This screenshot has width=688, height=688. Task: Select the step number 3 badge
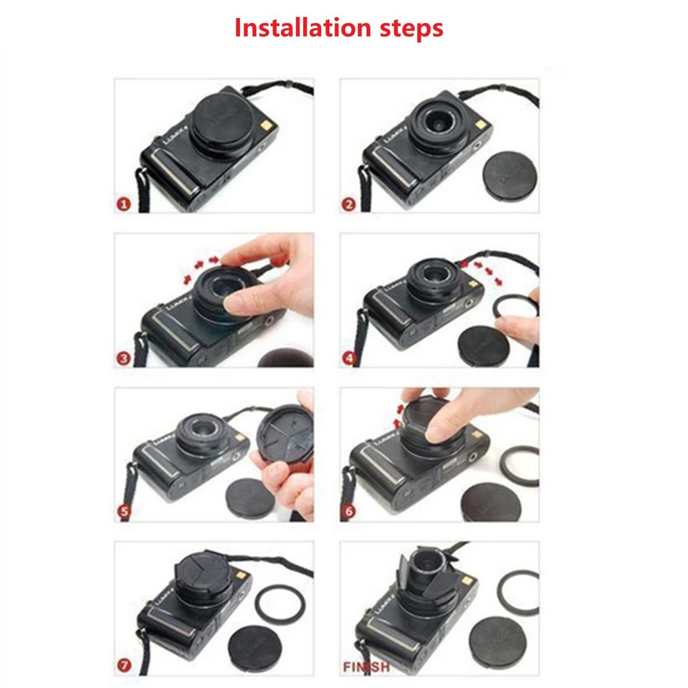(x=123, y=358)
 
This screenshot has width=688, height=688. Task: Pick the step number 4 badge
(x=349, y=358)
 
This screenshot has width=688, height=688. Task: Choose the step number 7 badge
(x=123, y=666)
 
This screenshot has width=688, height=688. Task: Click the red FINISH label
(x=365, y=666)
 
